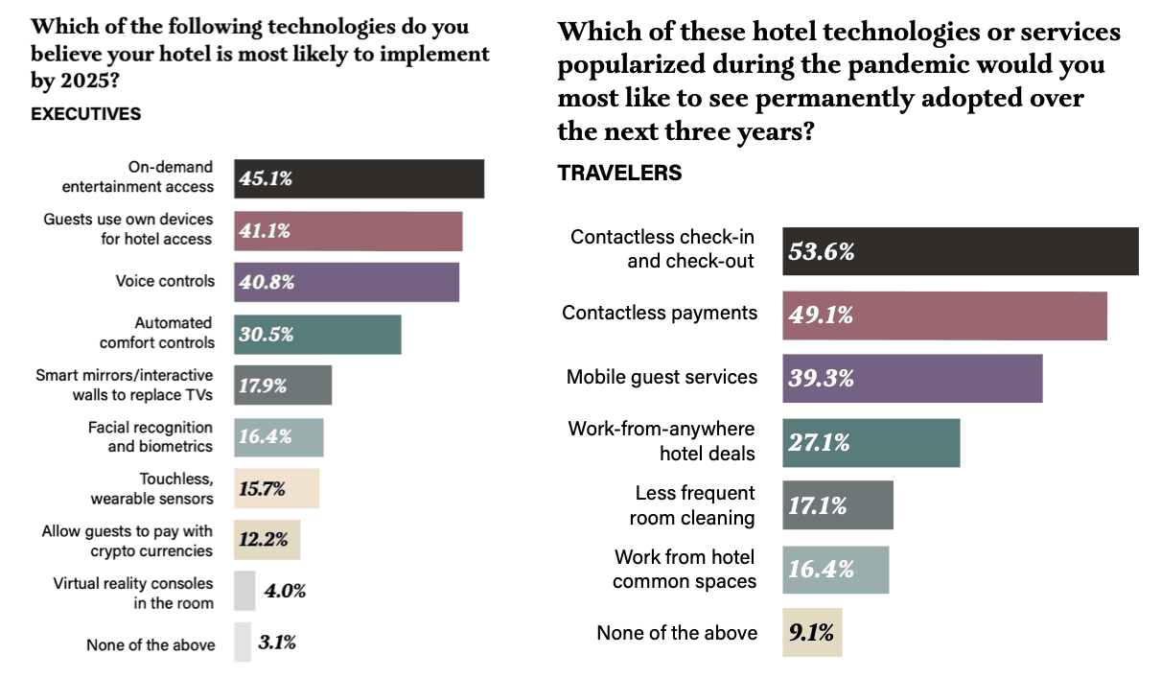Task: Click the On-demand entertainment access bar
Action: point(359,179)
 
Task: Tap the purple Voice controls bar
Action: point(346,283)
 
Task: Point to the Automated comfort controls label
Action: point(157,333)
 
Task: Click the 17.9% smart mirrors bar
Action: point(283,386)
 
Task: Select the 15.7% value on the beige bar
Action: point(264,489)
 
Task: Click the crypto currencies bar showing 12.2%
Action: point(267,540)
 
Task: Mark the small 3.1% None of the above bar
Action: point(242,643)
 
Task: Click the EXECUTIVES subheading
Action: point(85,114)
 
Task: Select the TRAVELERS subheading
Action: point(619,173)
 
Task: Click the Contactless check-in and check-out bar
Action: point(960,251)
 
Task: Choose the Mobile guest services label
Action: point(662,377)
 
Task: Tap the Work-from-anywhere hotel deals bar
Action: point(871,443)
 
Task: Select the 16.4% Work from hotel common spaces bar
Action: point(835,570)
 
